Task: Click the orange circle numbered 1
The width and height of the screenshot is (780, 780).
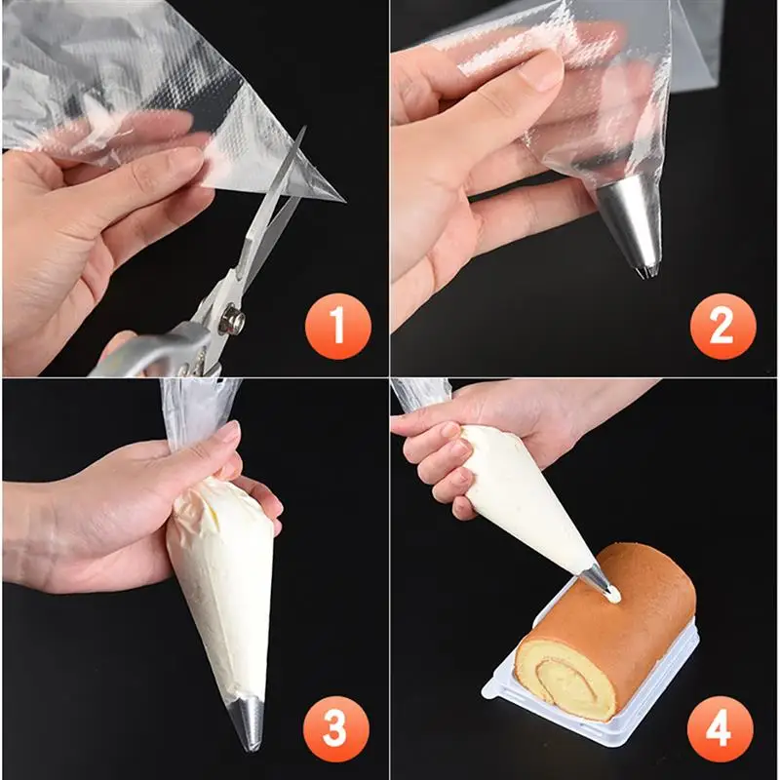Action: point(337,327)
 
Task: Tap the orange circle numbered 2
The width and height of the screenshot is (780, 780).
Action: point(722,327)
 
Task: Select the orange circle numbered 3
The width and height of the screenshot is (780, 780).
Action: point(335,728)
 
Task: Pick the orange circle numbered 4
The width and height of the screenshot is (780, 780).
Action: point(720,728)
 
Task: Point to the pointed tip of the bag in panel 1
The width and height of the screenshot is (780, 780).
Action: point(343,200)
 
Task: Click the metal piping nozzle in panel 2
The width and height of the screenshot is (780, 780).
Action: point(629,224)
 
